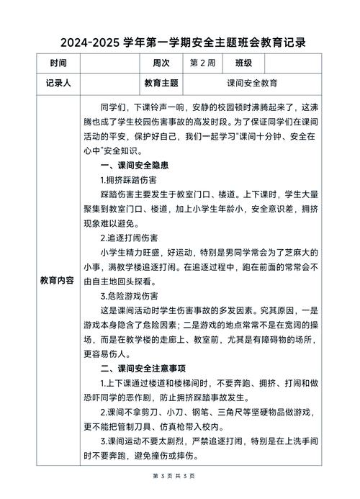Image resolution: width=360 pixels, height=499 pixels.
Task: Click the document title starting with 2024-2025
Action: pyautogui.click(x=180, y=42)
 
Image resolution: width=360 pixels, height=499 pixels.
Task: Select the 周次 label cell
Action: pyautogui.click(x=162, y=63)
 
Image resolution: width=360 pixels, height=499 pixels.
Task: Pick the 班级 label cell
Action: pyautogui.click(x=238, y=63)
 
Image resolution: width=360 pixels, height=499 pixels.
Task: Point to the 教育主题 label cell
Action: pyautogui.click(x=162, y=83)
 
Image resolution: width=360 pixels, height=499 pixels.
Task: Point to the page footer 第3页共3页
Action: pyautogui.click(x=179, y=477)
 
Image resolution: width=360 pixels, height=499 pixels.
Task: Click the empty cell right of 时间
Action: pyautogui.click(x=108, y=63)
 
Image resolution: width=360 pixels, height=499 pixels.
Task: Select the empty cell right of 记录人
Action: pyautogui.click(x=108, y=83)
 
